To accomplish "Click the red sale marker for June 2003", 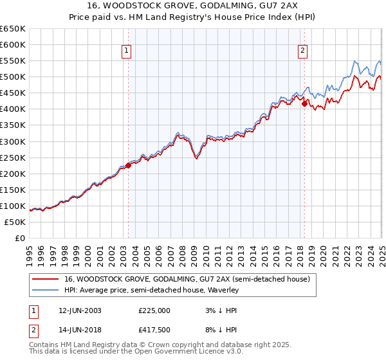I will tap(128, 165).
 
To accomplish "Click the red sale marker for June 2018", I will tap(304, 104).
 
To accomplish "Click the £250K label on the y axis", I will tap(13, 157).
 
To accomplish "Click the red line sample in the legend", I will tap(45, 279).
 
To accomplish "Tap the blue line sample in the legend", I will tap(45, 290).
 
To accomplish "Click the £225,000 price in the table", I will tap(154, 310).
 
